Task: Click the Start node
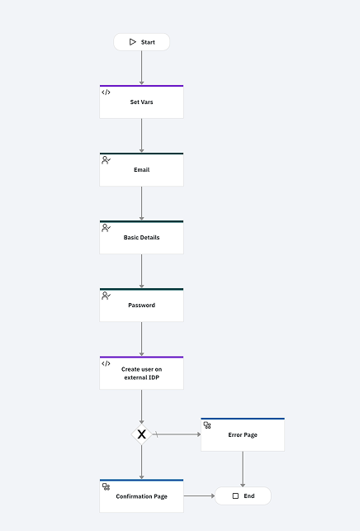[x=141, y=42]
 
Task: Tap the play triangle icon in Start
[x=132, y=42]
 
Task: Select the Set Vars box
[x=141, y=102]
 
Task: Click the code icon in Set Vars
[x=106, y=92]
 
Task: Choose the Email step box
[x=141, y=169]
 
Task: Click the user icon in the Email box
[x=106, y=160]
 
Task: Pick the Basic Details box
[x=141, y=237]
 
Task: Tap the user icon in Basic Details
[x=106, y=228]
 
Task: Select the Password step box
[x=141, y=305]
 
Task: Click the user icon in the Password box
[x=106, y=296]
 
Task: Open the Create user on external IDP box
[x=141, y=372]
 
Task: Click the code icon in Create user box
[x=106, y=363]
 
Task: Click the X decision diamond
[x=141, y=434]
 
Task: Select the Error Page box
[x=243, y=434]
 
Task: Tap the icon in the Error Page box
[x=207, y=425]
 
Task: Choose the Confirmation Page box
[x=141, y=495]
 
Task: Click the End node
[x=243, y=495]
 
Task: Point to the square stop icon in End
[x=235, y=495]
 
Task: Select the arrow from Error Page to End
[x=243, y=469]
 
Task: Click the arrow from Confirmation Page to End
[x=199, y=495]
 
